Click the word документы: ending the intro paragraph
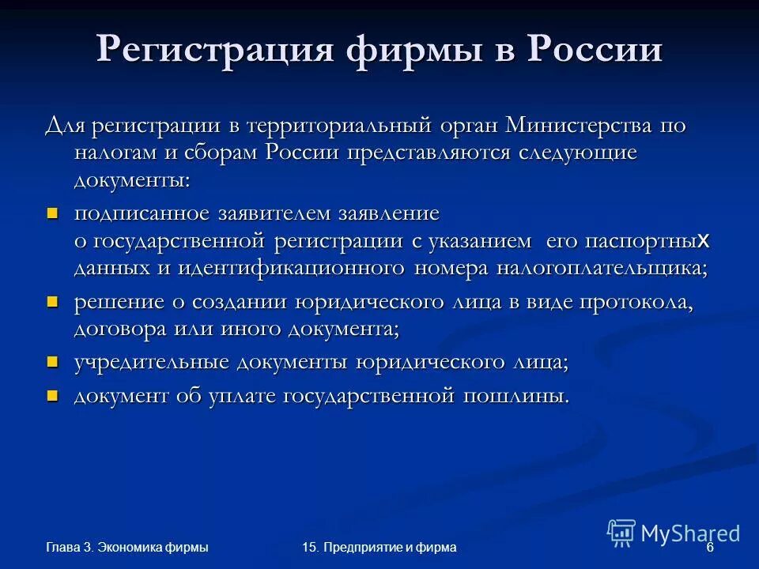click(x=132, y=179)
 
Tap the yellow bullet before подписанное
click(x=53, y=213)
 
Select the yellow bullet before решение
click(x=53, y=301)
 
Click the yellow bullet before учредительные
click(x=53, y=361)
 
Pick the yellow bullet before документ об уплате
click(x=53, y=394)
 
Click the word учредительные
click(x=145, y=362)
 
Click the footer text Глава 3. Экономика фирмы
click(x=127, y=548)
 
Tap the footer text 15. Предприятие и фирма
click(x=379, y=548)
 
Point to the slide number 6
click(x=710, y=548)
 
